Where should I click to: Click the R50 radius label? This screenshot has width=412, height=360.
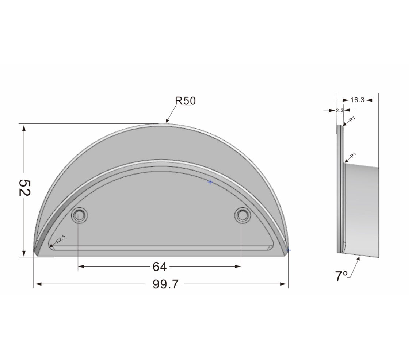tap(185, 101)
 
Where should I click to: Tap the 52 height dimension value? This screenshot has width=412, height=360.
tap(24, 188)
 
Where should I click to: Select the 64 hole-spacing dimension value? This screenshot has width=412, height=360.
tap(160, 267)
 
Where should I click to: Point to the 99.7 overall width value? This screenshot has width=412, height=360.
tap(166, 284)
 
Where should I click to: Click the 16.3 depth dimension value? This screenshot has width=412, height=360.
tap(357, 100)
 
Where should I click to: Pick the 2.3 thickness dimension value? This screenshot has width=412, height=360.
tap(339, 110)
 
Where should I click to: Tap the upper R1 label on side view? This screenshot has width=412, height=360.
tap(352, 119)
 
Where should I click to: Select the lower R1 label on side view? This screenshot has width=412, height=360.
tap(353, 156)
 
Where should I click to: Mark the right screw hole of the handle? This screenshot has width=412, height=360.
tap(241, 215)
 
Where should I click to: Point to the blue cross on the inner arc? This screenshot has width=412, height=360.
tap(210, 182)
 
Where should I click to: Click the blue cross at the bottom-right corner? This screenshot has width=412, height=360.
tap(289, 250)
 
